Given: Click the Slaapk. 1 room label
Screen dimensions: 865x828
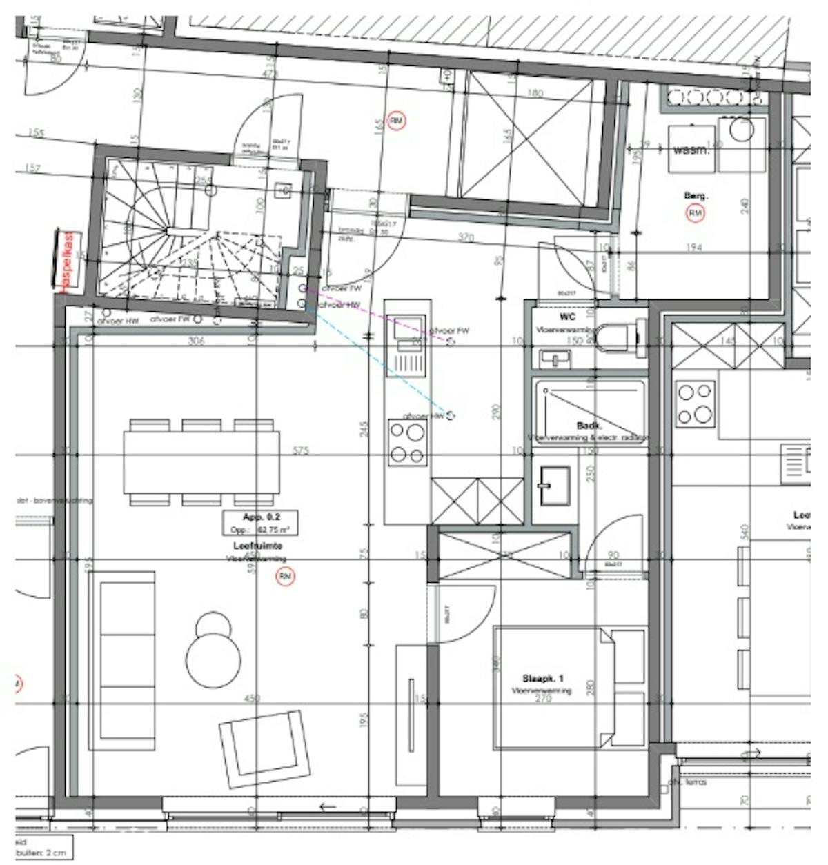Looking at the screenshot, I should coord(542,679).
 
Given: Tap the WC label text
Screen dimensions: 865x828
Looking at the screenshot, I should coord(567,318).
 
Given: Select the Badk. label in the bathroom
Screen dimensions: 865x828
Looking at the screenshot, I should coord(586,426).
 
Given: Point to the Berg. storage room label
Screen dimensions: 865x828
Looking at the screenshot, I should coord(696,196).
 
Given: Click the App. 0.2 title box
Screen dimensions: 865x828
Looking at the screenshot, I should coord(260,523).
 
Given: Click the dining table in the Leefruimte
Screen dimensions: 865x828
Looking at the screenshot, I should coord(201,461).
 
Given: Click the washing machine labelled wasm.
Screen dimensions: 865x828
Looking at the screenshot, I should coord(691,149).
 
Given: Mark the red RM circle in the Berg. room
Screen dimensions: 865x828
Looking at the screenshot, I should coord(696,214).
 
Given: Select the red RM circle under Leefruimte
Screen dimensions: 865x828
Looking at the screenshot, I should coord(285,577).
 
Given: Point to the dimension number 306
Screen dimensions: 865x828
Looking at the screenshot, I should coord(197,340).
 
